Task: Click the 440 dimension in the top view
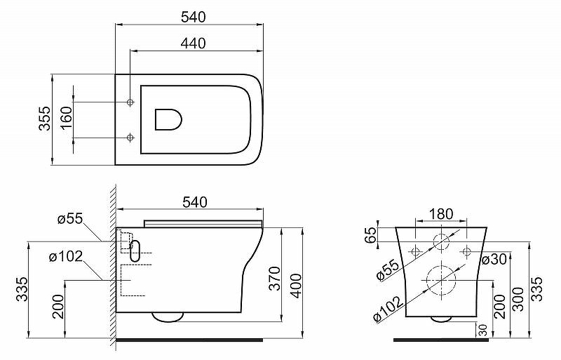click(x=192, y=44)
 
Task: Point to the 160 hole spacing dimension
click(x=65, y=119)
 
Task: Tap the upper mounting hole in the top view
click(x=130, y=102)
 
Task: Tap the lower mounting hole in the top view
click(x=130, y=138)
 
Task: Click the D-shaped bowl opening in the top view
click(x=168, y=120)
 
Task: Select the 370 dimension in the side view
click(x=275, y=279)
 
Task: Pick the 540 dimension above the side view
click(x=194, y=202)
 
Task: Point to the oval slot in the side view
click(x=136, y=251)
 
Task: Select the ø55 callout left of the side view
click(x=69, y=219)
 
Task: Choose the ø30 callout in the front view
click(x=489, y=259)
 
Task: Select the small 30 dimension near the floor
click(x=484, y=329)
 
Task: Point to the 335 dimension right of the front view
click(x=537, y=288)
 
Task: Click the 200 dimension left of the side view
click(x=60, y=307)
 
